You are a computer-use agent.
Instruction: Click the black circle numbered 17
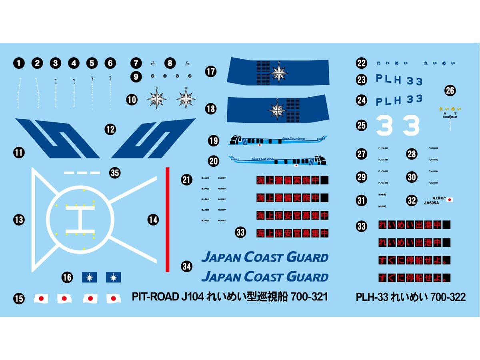pos(211,72)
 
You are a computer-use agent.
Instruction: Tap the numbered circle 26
pos(450,90)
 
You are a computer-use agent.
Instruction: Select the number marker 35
pos(115,173)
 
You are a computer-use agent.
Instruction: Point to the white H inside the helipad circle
pos(80,219)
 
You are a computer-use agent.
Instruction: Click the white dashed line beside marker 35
pos(82,173)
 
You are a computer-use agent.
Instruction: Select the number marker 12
pos(110,129)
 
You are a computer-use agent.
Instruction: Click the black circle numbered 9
pos(136,76)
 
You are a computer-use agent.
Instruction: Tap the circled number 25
pos(362,126)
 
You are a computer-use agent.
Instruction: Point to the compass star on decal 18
pos(278,109)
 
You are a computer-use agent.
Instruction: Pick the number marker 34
pos(186,266)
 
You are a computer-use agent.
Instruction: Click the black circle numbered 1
pos(19,63)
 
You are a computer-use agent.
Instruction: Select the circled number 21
pos(186,180)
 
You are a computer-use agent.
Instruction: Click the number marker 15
pos(19,298)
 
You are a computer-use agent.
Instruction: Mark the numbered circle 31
pos(362,200)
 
